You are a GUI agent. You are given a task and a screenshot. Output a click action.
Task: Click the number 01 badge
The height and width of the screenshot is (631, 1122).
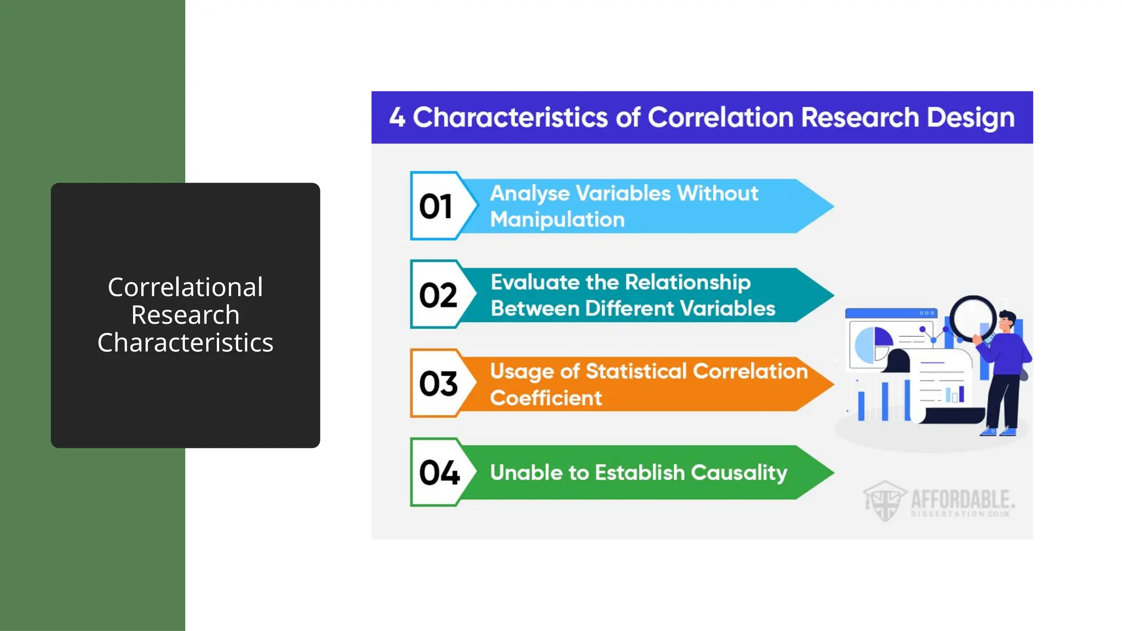tap(436, 206)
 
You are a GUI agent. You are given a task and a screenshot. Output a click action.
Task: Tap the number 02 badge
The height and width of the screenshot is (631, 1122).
tap(438, 295)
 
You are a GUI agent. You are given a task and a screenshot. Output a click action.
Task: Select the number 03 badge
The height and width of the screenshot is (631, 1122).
tap(438, 383)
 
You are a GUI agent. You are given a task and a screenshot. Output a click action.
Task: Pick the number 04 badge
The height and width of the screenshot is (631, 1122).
tap(439, 472)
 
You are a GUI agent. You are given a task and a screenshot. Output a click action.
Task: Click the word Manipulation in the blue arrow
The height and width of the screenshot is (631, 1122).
tap(557, 220)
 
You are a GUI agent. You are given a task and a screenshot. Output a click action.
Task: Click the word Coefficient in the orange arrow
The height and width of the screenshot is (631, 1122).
tap(546, 398)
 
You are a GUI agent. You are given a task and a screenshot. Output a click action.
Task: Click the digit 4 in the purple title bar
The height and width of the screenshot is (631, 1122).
tap(397, 118)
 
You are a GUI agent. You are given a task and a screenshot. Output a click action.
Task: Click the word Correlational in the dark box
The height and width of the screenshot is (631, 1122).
tap(185, 287)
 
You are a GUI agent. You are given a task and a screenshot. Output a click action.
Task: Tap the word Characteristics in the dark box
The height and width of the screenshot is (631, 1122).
tap(185, 343)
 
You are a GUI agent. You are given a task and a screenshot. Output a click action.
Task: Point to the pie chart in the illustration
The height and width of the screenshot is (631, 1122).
tap(873, 345)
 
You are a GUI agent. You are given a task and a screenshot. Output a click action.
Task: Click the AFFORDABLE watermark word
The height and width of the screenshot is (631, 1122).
tap(962, 499)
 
